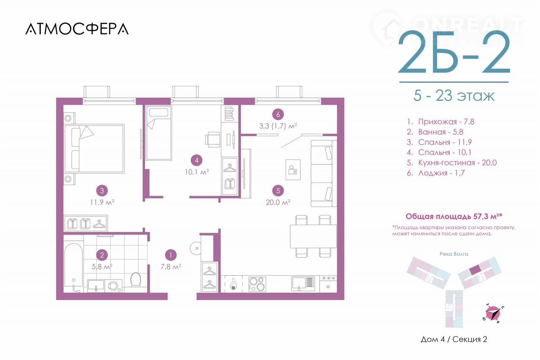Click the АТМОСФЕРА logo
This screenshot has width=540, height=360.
coord(77,29)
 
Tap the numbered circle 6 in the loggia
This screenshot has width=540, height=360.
coord(278,115)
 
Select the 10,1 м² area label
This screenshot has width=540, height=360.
coord(197,172)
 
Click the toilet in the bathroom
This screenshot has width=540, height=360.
coord(135,280)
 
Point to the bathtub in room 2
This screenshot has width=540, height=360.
coord(73,268)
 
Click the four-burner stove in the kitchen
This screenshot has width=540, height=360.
coord(257,284)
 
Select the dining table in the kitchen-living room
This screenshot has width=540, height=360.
coord(313,236)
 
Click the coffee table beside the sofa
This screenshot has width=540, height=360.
coord(293,169)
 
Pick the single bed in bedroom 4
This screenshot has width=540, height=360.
coord(158,133)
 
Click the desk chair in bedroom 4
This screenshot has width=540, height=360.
coord(213,139)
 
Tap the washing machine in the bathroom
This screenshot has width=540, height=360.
coord(113,286)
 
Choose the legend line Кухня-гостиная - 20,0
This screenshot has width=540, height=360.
coord(451,163)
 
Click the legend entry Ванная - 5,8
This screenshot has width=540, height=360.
coord(435,132)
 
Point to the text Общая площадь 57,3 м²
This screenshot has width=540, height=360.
coord(454,216)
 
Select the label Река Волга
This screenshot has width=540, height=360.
coord(454,254)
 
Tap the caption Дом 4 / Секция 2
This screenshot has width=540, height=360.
coord(454,339)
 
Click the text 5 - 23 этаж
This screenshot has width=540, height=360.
coord(454,96)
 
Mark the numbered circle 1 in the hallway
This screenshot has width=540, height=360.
coord(171,255)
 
